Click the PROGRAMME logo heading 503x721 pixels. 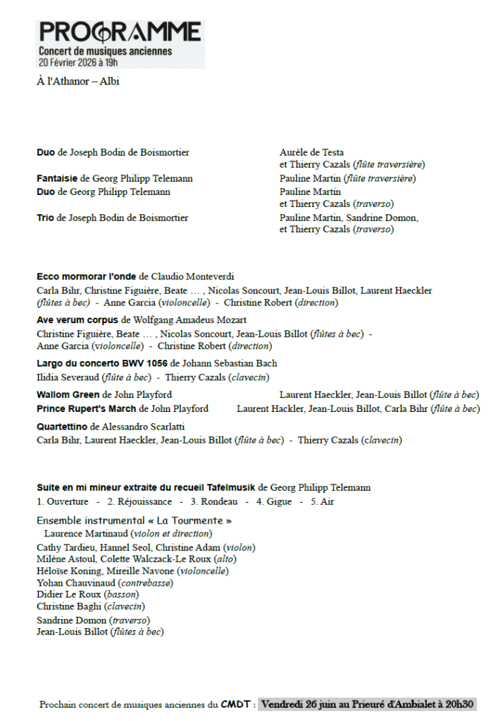120,32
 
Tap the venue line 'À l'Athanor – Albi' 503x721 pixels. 78,82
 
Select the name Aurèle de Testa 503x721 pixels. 311,153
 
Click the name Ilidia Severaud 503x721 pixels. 68,378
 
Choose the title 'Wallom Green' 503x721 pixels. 68,395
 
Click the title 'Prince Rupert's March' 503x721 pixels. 87,409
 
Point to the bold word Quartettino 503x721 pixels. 62,427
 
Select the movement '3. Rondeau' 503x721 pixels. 213,502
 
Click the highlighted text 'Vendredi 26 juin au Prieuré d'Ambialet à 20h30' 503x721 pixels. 366,704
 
